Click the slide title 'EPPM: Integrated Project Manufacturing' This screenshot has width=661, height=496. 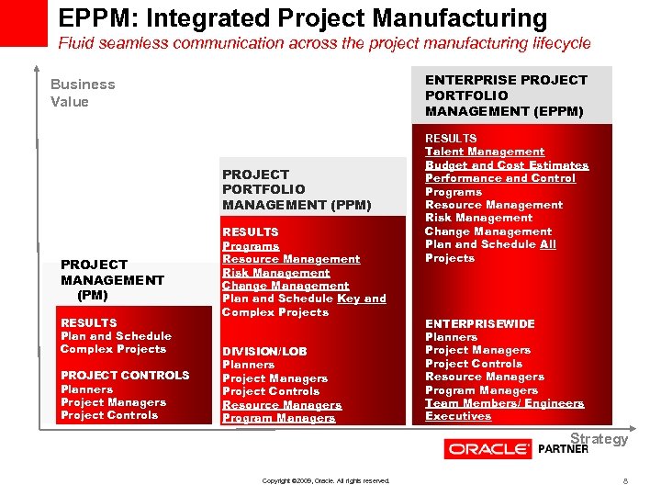(x=302, y=17)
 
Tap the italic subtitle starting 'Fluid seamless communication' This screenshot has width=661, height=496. (x=324, y=43)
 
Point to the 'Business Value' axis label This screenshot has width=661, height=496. (x=83, y=93)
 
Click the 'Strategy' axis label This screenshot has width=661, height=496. (x=599, y=438)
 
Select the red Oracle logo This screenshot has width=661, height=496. (x=487, y=449)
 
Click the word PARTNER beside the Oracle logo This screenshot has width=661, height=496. (x=563, y=450)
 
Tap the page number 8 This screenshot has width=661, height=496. (x=625, y=480)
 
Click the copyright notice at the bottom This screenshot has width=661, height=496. (x=326, y=480)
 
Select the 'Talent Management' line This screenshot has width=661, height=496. (x=485, y=152)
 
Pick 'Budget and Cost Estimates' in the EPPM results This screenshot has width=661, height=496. (x=507, y=165)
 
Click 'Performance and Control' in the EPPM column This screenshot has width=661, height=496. (x=500, y=178)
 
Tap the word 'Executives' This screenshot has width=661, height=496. (x=458, y=416)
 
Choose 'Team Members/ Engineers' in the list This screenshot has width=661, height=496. (x=504, y=403)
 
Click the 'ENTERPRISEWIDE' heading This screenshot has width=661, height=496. (x=479, y=323)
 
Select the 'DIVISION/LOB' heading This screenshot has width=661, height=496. (x=264, y=351)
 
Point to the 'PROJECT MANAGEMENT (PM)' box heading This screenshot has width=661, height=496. (x=112, y=280)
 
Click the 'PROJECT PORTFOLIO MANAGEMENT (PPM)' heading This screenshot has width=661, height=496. (x=297, y=189)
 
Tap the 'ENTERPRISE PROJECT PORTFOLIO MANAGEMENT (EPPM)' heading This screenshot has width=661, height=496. (x=506, y=96)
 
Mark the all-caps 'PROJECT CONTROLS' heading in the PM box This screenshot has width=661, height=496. (x=125, y=375)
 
